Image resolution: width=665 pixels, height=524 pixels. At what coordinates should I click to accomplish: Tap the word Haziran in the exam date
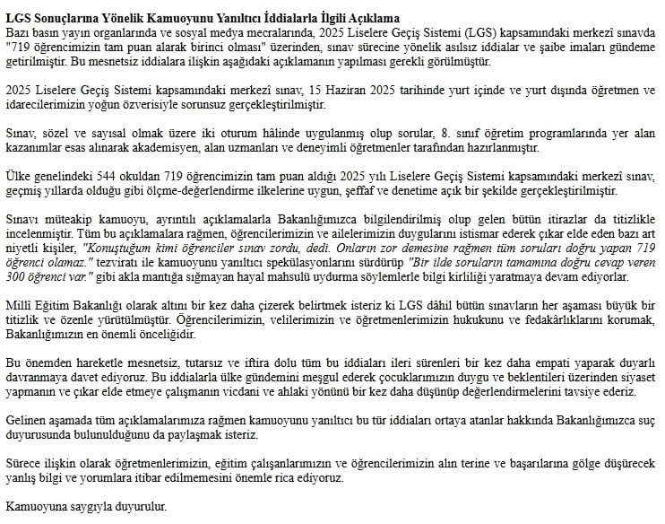click(348, 92)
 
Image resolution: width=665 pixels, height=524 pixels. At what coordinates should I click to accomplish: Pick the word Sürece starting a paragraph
click(23, 465)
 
